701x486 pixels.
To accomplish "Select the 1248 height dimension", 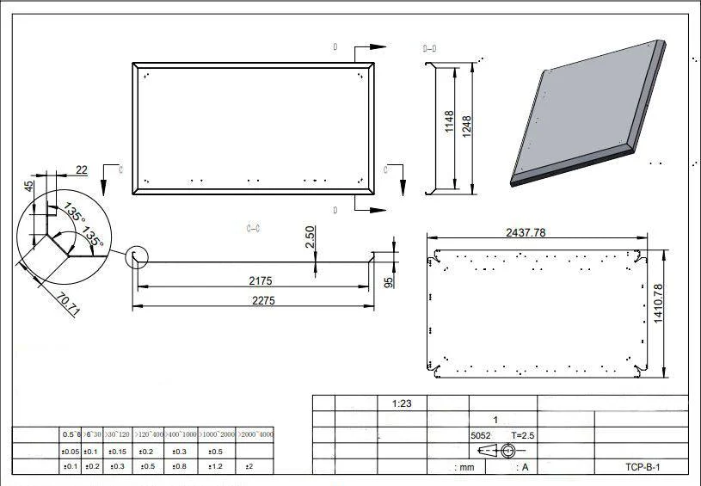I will click(x=466, y=126).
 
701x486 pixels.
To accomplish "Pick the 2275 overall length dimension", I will click(x=252, y=300).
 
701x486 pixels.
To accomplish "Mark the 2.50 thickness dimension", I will click(x=311, y=238).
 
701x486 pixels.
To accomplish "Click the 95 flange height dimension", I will click(x=388, y=280).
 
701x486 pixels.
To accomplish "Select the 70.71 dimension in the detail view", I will click(x=68, y=305).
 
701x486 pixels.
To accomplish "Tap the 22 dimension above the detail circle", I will click(x=82, y=170).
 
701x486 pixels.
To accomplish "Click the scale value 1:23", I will click(x=403, y=403).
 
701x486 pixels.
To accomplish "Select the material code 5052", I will click(x=481, y=436).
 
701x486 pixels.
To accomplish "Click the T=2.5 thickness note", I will click(x=523, y=436).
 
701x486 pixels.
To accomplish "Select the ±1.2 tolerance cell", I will click(x=215, y=466).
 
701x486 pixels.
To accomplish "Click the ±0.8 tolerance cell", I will click(x=179, y=466).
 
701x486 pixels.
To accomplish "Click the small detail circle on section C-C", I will click(x=137, y=256).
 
